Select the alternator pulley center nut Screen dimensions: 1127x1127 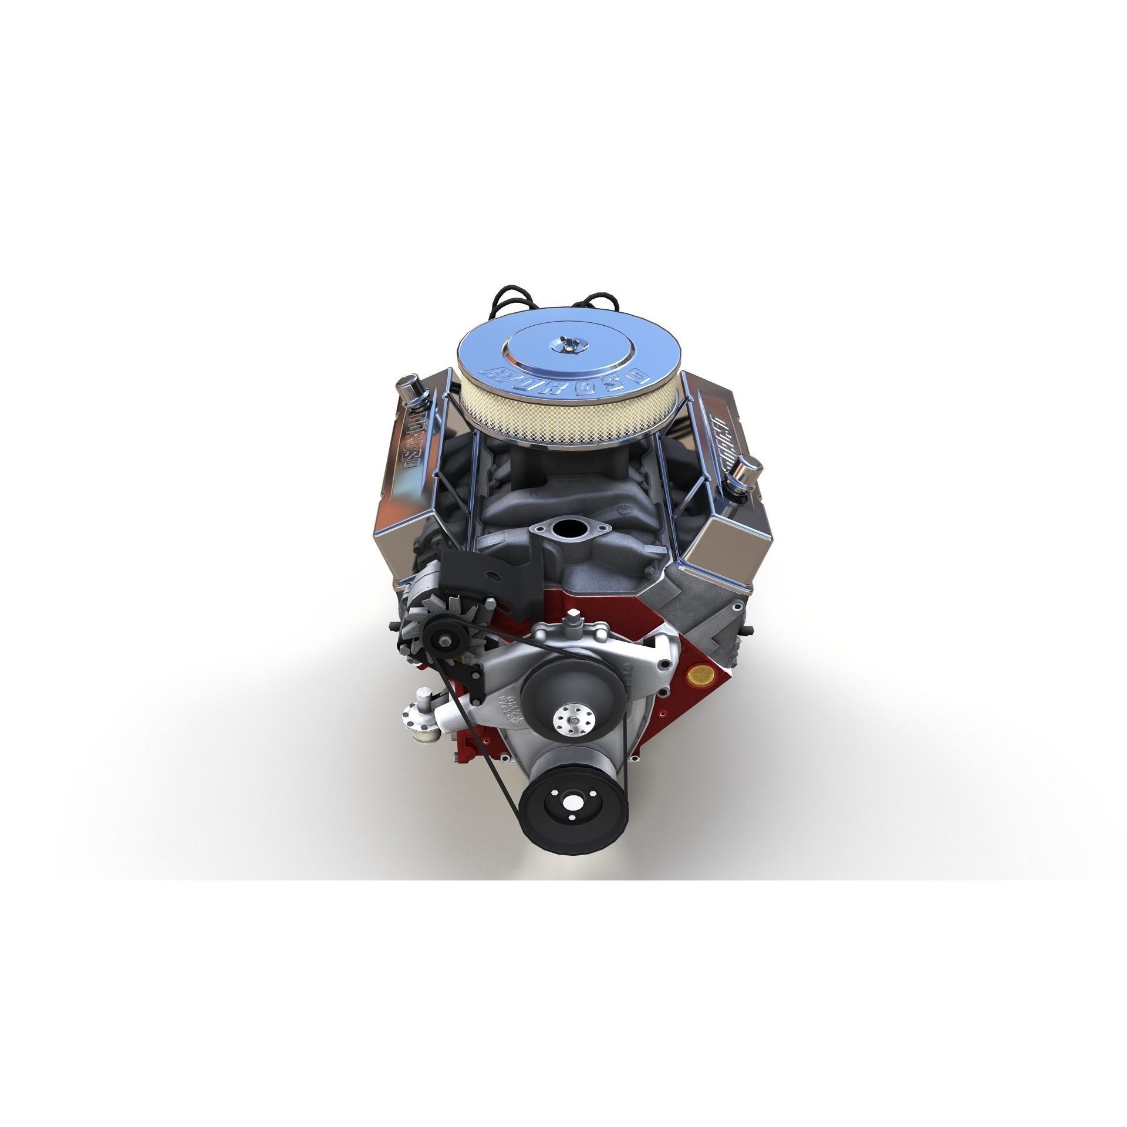coord(440,636)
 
